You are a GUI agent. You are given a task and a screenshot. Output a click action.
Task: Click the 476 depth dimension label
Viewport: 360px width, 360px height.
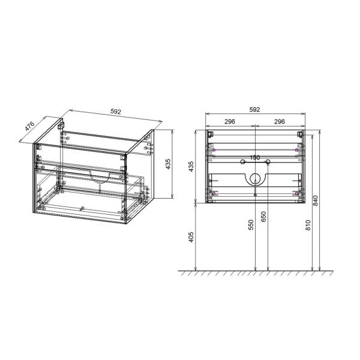[29, 126]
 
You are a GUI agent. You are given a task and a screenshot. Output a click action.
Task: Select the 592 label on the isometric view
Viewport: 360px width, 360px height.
[115, 112]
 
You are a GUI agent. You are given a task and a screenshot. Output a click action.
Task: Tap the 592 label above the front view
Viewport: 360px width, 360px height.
[254, 110]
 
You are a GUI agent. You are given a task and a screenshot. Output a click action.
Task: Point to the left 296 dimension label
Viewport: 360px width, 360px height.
[230, 121]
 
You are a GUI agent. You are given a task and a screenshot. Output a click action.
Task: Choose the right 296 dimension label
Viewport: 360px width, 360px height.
[280, 121]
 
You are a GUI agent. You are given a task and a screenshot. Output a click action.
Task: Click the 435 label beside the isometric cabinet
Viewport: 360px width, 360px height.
[168, 164]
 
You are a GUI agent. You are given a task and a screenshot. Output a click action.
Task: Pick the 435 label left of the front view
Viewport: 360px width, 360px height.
[191, 167]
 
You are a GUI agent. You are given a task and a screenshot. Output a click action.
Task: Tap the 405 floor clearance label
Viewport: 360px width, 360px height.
[191, 237]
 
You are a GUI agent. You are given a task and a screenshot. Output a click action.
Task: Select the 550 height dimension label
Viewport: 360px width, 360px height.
[251, 225]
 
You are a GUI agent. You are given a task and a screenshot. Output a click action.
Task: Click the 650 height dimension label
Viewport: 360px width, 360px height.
[263, 217]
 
